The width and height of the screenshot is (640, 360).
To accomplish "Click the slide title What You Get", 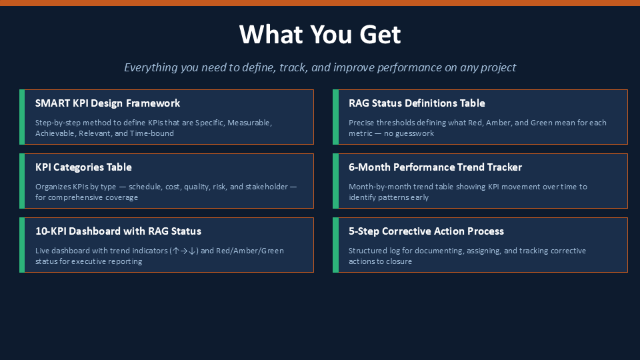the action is click(320, 34).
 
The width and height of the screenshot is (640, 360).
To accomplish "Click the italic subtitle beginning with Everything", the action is click(320, 67).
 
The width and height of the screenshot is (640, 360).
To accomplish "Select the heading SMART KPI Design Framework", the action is click(107, 103).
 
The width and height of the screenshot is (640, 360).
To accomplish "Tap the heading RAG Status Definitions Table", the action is click(417, 103).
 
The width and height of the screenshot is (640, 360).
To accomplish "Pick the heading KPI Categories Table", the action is click(83, 167).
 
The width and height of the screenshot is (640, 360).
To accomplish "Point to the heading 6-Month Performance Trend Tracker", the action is click(435, 167).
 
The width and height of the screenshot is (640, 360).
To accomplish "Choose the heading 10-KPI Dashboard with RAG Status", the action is click(118, 231).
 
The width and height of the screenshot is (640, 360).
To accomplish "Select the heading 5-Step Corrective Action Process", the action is click(426, 231).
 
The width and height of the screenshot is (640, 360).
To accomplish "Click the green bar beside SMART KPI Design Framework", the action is click(22, 117).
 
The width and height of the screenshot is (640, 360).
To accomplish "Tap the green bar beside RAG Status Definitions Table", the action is click(335, 117).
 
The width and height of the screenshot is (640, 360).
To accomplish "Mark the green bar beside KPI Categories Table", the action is click(22, 181).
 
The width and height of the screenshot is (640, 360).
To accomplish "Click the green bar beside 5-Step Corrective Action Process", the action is click(335, 245).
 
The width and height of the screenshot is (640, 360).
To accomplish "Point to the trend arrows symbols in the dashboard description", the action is click(184, 251).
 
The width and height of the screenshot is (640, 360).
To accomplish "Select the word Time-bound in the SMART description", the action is click(152, 133).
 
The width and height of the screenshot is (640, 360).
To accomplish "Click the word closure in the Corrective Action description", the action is click(399, 261).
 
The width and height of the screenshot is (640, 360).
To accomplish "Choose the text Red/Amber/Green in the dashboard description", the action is click(250, 251).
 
